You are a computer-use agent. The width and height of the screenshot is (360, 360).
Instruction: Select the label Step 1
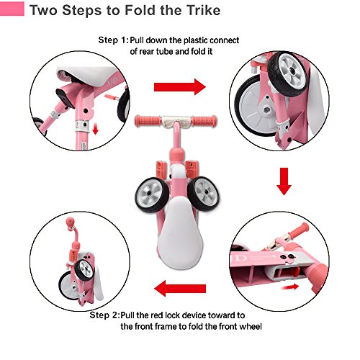coord(114,40)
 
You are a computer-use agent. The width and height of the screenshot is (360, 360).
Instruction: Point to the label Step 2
coord(108,315)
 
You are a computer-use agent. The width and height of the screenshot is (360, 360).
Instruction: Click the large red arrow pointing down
coord(284,181)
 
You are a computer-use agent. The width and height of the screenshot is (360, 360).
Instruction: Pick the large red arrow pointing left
coord(180,289)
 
